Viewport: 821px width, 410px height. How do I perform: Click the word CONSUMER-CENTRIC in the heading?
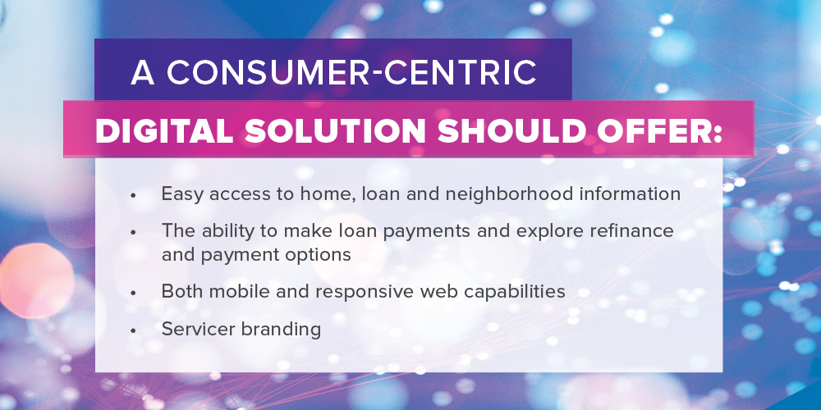pos(352,73)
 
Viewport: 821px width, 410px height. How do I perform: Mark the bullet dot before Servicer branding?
pos(133,330)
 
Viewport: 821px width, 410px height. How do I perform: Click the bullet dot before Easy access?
pos(133,195)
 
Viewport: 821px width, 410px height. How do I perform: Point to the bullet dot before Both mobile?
pos(133,294)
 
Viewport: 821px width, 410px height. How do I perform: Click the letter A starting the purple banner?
pos(143,73)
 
